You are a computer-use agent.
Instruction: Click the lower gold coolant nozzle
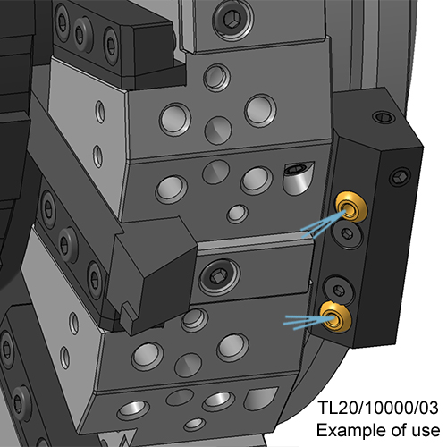click(x=335, y=316)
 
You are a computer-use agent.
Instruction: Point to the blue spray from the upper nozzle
click(x=323, y=223)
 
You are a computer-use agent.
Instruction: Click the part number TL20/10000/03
click(x=378, y=408)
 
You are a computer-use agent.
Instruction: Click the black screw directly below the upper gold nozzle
click(x=347, y=233)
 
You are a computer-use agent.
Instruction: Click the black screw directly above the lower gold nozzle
click(x=339, y=290)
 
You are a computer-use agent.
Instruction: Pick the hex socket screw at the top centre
click(x=233, y=20)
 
